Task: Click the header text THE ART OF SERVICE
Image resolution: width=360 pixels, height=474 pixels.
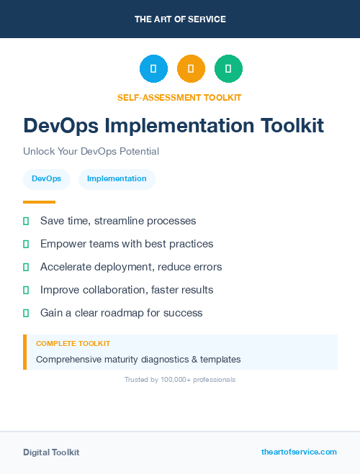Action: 180,19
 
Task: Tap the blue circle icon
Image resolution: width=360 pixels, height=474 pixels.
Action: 153,69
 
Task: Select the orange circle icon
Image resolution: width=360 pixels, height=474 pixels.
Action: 191,69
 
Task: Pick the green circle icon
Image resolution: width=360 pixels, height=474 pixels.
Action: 228,69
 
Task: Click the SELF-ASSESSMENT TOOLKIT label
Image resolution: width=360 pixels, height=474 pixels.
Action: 179,97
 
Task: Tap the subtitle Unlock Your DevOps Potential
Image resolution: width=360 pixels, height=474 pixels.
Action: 91,152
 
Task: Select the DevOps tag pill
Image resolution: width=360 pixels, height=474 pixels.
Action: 46,179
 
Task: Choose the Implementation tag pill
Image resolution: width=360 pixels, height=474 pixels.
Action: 117,179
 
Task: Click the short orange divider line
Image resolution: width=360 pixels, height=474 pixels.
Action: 39,202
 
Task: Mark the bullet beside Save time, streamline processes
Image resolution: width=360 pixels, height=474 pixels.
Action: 26,221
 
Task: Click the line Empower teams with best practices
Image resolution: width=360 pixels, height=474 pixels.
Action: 127,244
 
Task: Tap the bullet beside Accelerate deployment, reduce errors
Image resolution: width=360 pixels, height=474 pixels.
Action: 26,267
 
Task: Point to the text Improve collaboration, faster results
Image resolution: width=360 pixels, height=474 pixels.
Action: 127,290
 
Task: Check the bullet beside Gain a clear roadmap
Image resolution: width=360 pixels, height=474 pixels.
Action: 26,313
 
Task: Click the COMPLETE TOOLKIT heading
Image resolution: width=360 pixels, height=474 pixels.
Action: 73,344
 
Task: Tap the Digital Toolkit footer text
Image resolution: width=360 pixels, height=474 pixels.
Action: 51,452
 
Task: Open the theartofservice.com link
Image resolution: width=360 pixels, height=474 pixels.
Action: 299,452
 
